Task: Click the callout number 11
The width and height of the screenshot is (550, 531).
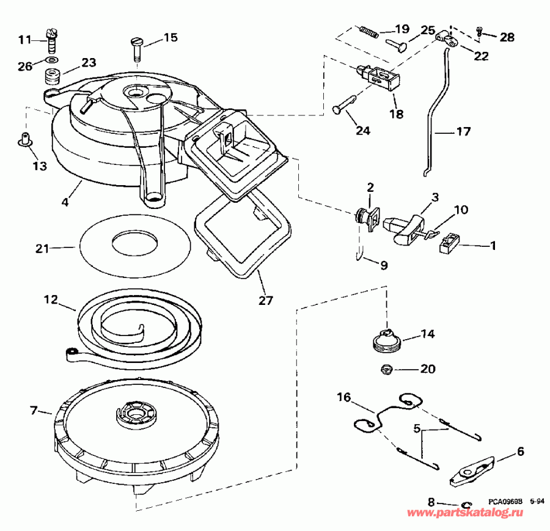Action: (x=24, y=40)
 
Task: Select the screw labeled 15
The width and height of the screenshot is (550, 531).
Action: (x=136, y=48)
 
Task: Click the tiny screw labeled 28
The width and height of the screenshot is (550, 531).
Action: (x=480, y=31)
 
